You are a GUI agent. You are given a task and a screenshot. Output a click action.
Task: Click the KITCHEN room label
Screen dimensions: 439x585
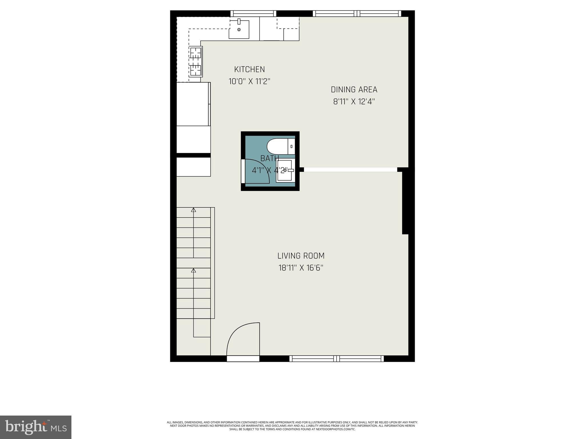pos(249,69)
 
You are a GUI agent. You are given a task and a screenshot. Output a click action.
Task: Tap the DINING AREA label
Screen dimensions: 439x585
pos(354,90)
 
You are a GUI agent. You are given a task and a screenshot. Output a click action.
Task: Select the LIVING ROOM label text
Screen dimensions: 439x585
pos(301,256)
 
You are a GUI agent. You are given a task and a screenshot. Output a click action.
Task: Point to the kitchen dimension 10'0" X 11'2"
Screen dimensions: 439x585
pos(249,81)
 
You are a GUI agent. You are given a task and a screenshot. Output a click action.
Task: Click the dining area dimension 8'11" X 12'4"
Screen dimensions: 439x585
pos(354,102)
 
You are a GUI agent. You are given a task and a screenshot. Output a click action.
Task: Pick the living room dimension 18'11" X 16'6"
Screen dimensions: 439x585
pos(301,268)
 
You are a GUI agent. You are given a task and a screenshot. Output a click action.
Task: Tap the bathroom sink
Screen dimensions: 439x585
pos(285,170)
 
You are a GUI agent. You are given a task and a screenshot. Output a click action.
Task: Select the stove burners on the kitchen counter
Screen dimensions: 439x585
pos(196,62)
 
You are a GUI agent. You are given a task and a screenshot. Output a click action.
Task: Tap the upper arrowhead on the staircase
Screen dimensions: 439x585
pos(194,210)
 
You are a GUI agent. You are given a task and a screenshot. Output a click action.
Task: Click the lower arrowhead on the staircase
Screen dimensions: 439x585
pos(194,270)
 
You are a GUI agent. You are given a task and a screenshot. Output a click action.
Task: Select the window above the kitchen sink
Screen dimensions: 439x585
pos(253,13)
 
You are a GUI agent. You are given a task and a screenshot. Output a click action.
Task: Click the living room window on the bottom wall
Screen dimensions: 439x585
pos(336,358)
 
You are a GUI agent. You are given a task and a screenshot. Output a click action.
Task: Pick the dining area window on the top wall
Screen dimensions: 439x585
pos(357,13)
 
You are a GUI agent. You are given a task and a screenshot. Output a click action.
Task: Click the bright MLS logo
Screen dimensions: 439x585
pos(36,427)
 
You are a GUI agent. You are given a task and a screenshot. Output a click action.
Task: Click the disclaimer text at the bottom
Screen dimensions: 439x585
pos(292,426)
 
